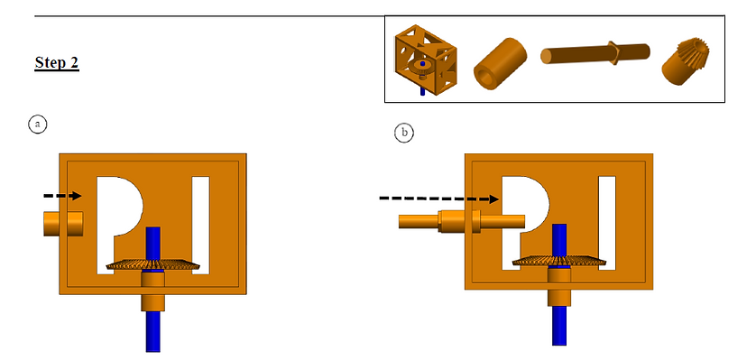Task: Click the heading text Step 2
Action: [57, 62]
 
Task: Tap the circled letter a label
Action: [38, 125]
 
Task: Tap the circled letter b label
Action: [404, 133]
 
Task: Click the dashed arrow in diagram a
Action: [62, 196]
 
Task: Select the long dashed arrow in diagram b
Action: [438, 198]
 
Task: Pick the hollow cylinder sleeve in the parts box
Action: [500, 64]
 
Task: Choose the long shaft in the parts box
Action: [595, 53]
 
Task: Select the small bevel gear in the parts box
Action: [685, 60]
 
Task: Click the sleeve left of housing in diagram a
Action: [63, 224]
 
